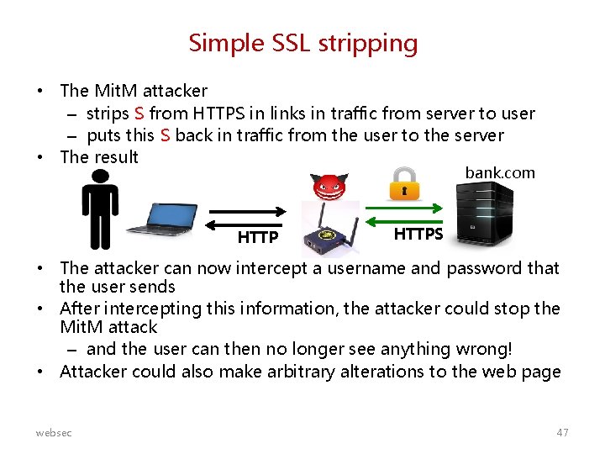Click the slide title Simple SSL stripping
coord(302,43)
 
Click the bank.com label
coord(499,172)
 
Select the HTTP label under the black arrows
coord(257,237)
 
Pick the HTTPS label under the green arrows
coord(418,234)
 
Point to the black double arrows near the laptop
coord(249,217)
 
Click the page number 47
coord(562,432)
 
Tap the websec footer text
coord(54,432)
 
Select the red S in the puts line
coord(166,135)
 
